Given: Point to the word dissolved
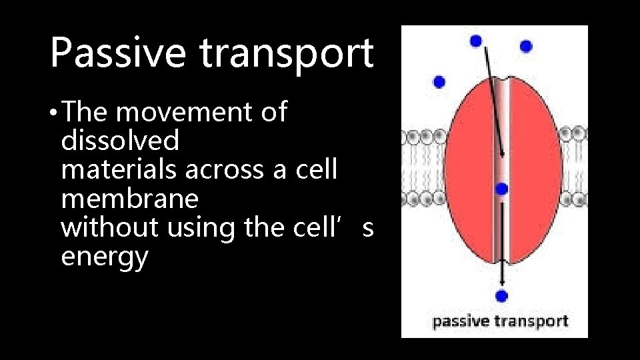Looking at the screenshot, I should (120, 141).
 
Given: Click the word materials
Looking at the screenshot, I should (119, 170).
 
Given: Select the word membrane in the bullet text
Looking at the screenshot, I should (129, 199).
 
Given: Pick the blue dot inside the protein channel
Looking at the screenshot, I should (502, 189).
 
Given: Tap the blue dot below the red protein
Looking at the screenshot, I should (501, 295).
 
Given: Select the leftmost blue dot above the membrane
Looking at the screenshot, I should (439, 82).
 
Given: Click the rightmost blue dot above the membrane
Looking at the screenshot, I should (526, 46).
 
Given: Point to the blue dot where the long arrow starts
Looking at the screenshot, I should (476, 41).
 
